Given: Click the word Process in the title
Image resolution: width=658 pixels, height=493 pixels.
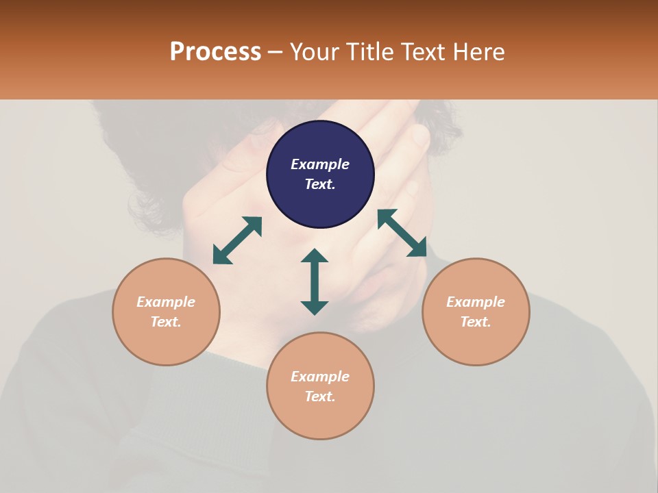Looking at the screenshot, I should point(215,52).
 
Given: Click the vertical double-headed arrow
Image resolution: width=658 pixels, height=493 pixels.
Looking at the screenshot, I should point(315,281).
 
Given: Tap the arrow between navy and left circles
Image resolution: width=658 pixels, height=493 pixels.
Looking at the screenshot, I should point(237,240).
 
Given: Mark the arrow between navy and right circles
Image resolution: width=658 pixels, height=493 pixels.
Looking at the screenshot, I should point(402,233).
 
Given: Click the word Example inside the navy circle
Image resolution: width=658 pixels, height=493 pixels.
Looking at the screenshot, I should point(320,164).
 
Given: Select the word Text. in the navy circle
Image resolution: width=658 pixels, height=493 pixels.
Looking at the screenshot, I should point(320,184).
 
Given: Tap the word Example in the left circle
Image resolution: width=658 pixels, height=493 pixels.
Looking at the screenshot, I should point(166,302).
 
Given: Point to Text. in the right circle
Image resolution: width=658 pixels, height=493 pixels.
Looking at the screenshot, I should point(476,322).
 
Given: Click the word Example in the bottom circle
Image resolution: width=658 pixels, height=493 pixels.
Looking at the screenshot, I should point(320,377).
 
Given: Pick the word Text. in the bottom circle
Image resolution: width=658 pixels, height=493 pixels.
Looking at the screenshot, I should point(320,396).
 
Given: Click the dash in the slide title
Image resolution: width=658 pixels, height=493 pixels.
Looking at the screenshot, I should point(276,53).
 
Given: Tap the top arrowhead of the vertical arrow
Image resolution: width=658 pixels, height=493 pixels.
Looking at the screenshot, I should point(315,255).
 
